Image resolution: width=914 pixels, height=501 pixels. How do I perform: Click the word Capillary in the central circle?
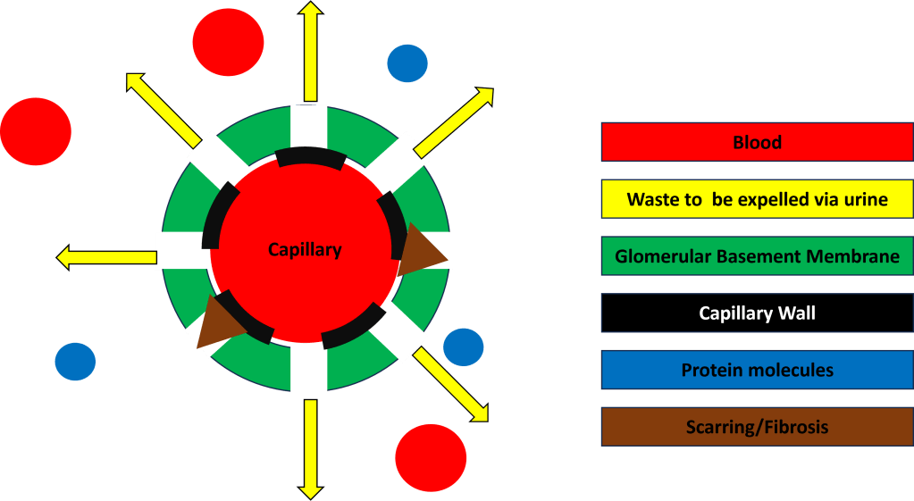click(x=305, y=250)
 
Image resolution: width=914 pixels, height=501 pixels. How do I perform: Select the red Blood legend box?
click(x=756, y=142)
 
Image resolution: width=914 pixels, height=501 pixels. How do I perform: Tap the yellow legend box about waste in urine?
click(x=756, y=199)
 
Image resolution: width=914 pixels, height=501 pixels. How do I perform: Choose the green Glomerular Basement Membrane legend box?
click(x=756, y=256)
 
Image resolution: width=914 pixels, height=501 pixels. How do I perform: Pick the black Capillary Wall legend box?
click(x=756, y=313)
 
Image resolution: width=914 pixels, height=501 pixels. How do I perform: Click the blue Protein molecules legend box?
click(x=756, y=371)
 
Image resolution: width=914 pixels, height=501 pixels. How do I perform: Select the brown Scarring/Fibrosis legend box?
click(x=756, y=427)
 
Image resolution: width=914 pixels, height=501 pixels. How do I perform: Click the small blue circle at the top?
click(x=407, y=64)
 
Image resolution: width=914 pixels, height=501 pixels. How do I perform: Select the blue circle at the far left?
click(x=75, y=362)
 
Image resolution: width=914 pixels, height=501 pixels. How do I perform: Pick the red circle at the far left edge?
click(x=35, y=131)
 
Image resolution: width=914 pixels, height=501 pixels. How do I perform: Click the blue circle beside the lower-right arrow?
click(x=463, y=347)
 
